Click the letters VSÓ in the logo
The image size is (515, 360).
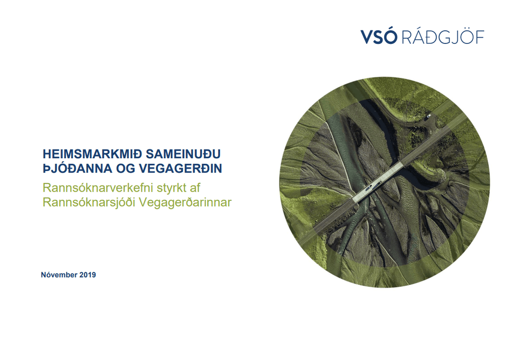click(x=379, y=36)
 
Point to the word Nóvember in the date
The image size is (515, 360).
click(x=59, y=275)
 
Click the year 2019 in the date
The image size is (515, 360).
click(x=87, y=275)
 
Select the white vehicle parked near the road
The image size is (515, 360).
click(x=429, y=116)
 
